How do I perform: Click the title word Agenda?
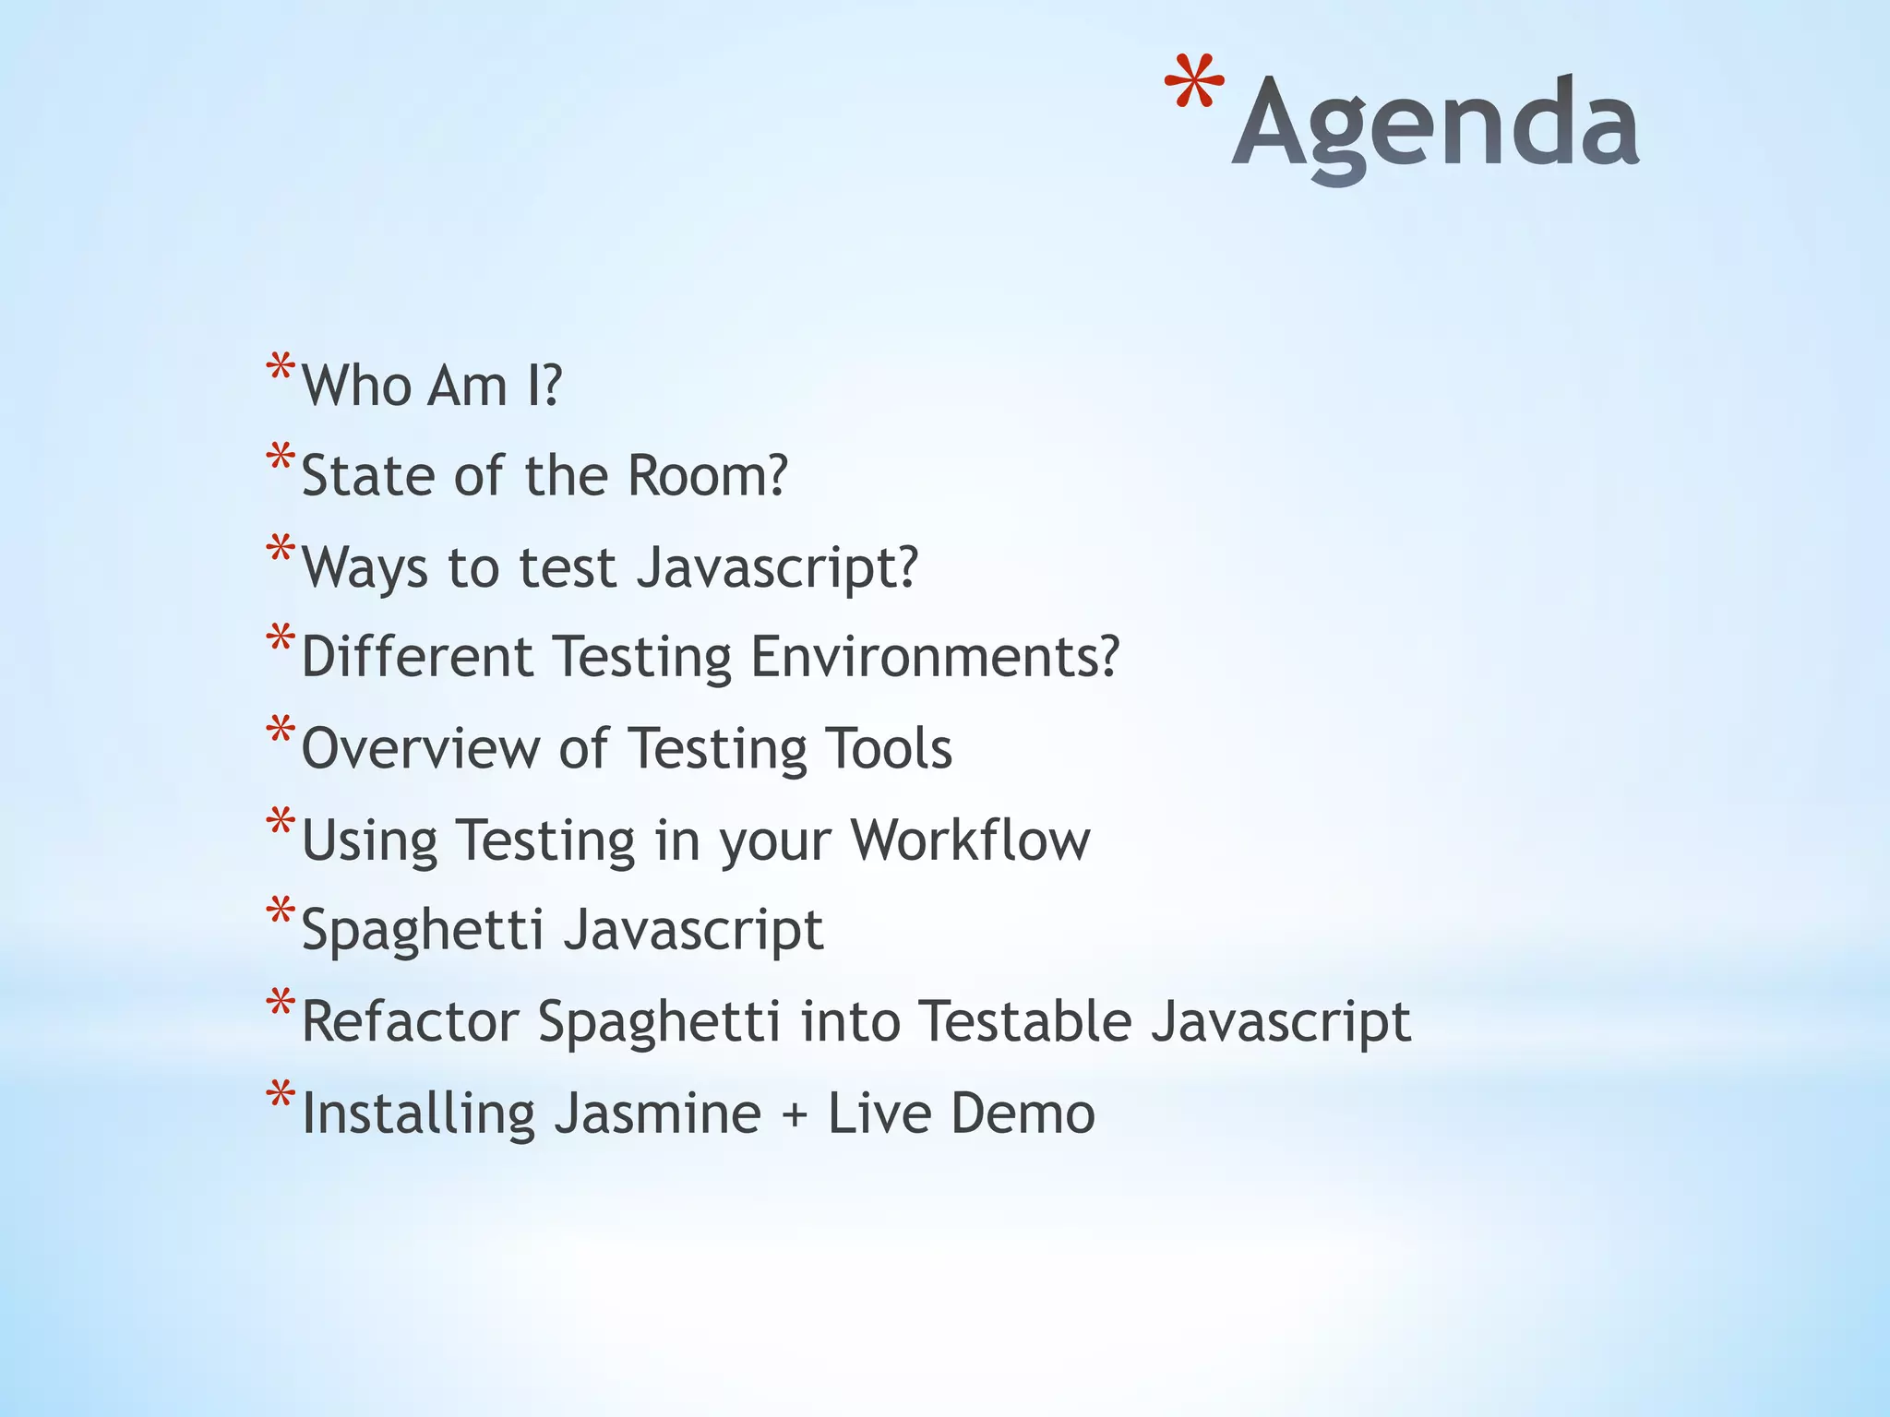[x=1435, y=125]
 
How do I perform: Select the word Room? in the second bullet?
[x=707, y=475]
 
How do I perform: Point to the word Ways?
[x=365, y=566]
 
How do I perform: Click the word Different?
[x=417, y=657]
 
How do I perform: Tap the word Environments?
[x=934, y=657]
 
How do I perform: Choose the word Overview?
[x=420, y=747]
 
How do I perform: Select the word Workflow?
[x=970, y=839]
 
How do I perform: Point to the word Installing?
[x=418, y=1113]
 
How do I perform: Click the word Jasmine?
[x=657, y=1113]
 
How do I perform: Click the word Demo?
[x=1023, y=1113]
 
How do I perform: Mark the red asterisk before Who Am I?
[x=281, y=370]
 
